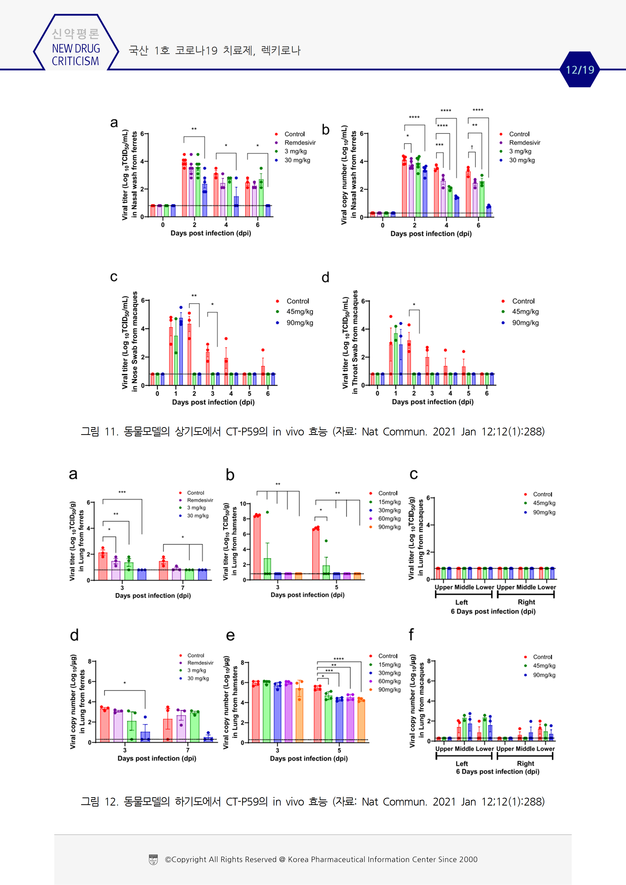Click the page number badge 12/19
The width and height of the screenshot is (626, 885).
[x=580, y=70]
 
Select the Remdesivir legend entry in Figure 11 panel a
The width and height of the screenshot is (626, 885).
[x=300, y=143]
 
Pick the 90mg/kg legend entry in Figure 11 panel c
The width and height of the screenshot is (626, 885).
[x=299, y=323]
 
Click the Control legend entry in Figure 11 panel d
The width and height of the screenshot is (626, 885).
[x=523, y=301]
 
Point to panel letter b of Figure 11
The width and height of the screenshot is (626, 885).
[x=326, y=130]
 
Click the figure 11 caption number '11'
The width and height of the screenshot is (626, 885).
[x=111, y=432]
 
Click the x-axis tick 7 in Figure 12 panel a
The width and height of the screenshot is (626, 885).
[x=183, y=587]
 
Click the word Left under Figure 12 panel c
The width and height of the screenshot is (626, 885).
[x=461, y=602]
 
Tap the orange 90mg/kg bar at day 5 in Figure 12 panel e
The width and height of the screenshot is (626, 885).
[x=361, y=721]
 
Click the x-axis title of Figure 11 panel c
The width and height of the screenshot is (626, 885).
[x=213, y=402]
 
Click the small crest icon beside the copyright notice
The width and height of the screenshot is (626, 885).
[x=153, y=860]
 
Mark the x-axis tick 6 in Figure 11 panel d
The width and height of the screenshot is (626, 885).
[x=487, y=393]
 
